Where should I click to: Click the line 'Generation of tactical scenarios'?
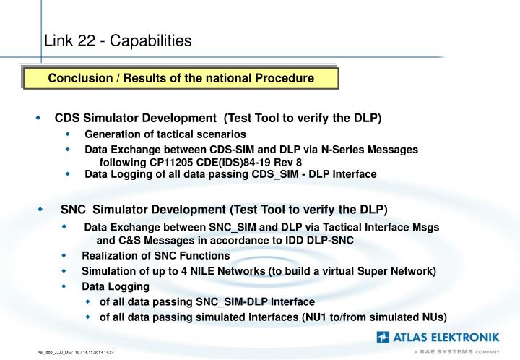[165, 134]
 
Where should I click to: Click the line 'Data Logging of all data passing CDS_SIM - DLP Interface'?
[230, 174]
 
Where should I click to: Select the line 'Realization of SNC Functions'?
[155, 255]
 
